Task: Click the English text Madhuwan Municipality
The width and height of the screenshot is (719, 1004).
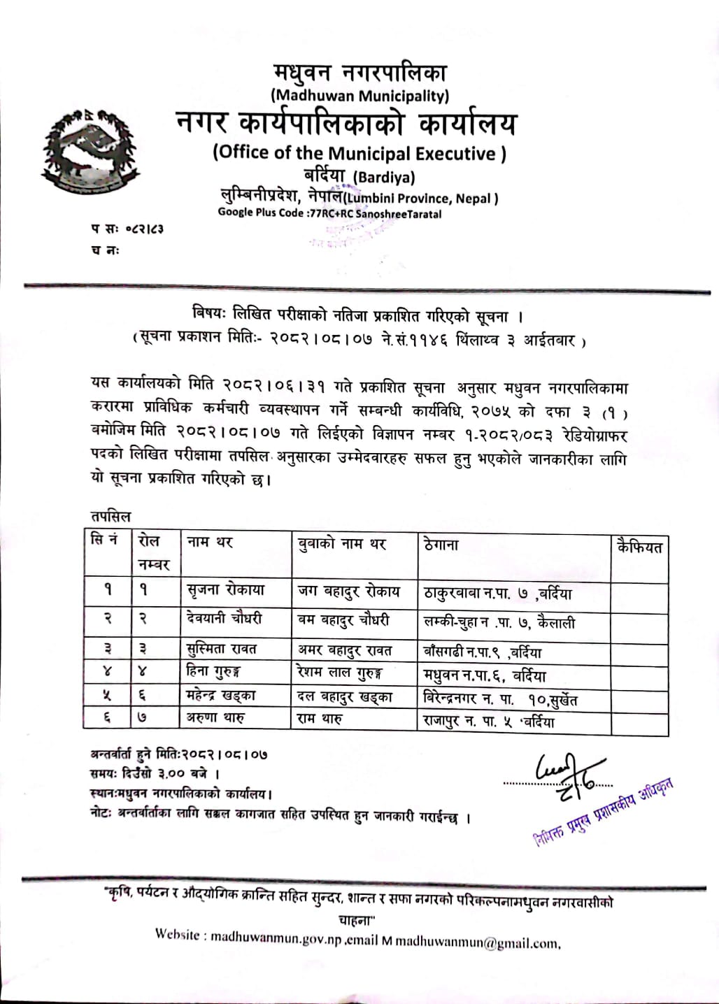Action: (359, 94)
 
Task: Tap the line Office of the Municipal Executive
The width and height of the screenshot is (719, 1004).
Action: (359, 153)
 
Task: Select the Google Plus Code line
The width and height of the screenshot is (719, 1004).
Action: (329, 213)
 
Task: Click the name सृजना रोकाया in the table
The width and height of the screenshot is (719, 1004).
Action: (226, 589)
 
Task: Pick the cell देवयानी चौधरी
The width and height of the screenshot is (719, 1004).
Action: (225, 619)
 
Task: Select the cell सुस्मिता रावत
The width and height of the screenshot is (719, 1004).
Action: (222, 649)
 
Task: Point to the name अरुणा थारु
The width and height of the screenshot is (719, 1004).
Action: (215, 717)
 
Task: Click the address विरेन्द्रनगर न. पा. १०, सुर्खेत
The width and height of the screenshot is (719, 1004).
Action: (501, 698)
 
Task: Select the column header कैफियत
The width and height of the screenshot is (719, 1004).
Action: (639, 547)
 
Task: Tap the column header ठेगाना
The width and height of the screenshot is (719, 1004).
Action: (441, 543)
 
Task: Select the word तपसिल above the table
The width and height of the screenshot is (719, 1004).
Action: (111, 516)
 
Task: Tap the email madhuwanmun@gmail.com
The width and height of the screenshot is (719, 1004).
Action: (477, 941)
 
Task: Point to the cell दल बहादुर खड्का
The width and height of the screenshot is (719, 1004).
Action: (345, 696)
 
